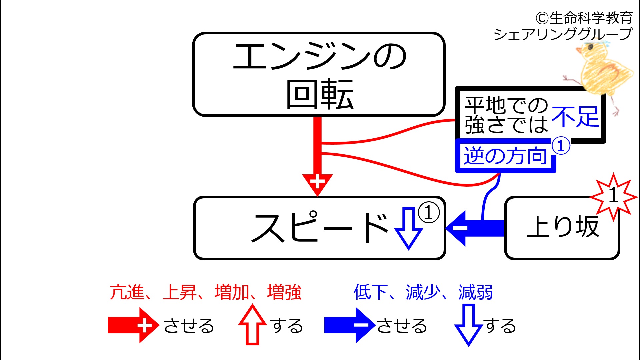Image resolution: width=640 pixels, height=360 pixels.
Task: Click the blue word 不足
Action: pos(576,117)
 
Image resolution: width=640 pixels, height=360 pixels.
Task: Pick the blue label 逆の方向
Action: pos(505,156)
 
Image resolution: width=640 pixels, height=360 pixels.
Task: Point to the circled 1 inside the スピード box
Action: pos(429,212)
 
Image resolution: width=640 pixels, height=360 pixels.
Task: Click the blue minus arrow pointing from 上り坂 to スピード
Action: pos(475,228)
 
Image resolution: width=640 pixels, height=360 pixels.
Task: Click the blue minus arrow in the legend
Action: pos(345,325)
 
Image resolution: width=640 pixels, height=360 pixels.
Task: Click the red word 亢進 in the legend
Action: pos(127,292)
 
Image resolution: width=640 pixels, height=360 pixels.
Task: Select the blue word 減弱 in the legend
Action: pos(476,292)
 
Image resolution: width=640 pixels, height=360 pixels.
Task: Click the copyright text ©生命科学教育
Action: pos(584,18)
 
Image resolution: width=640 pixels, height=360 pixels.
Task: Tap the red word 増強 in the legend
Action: pos(284,292)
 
